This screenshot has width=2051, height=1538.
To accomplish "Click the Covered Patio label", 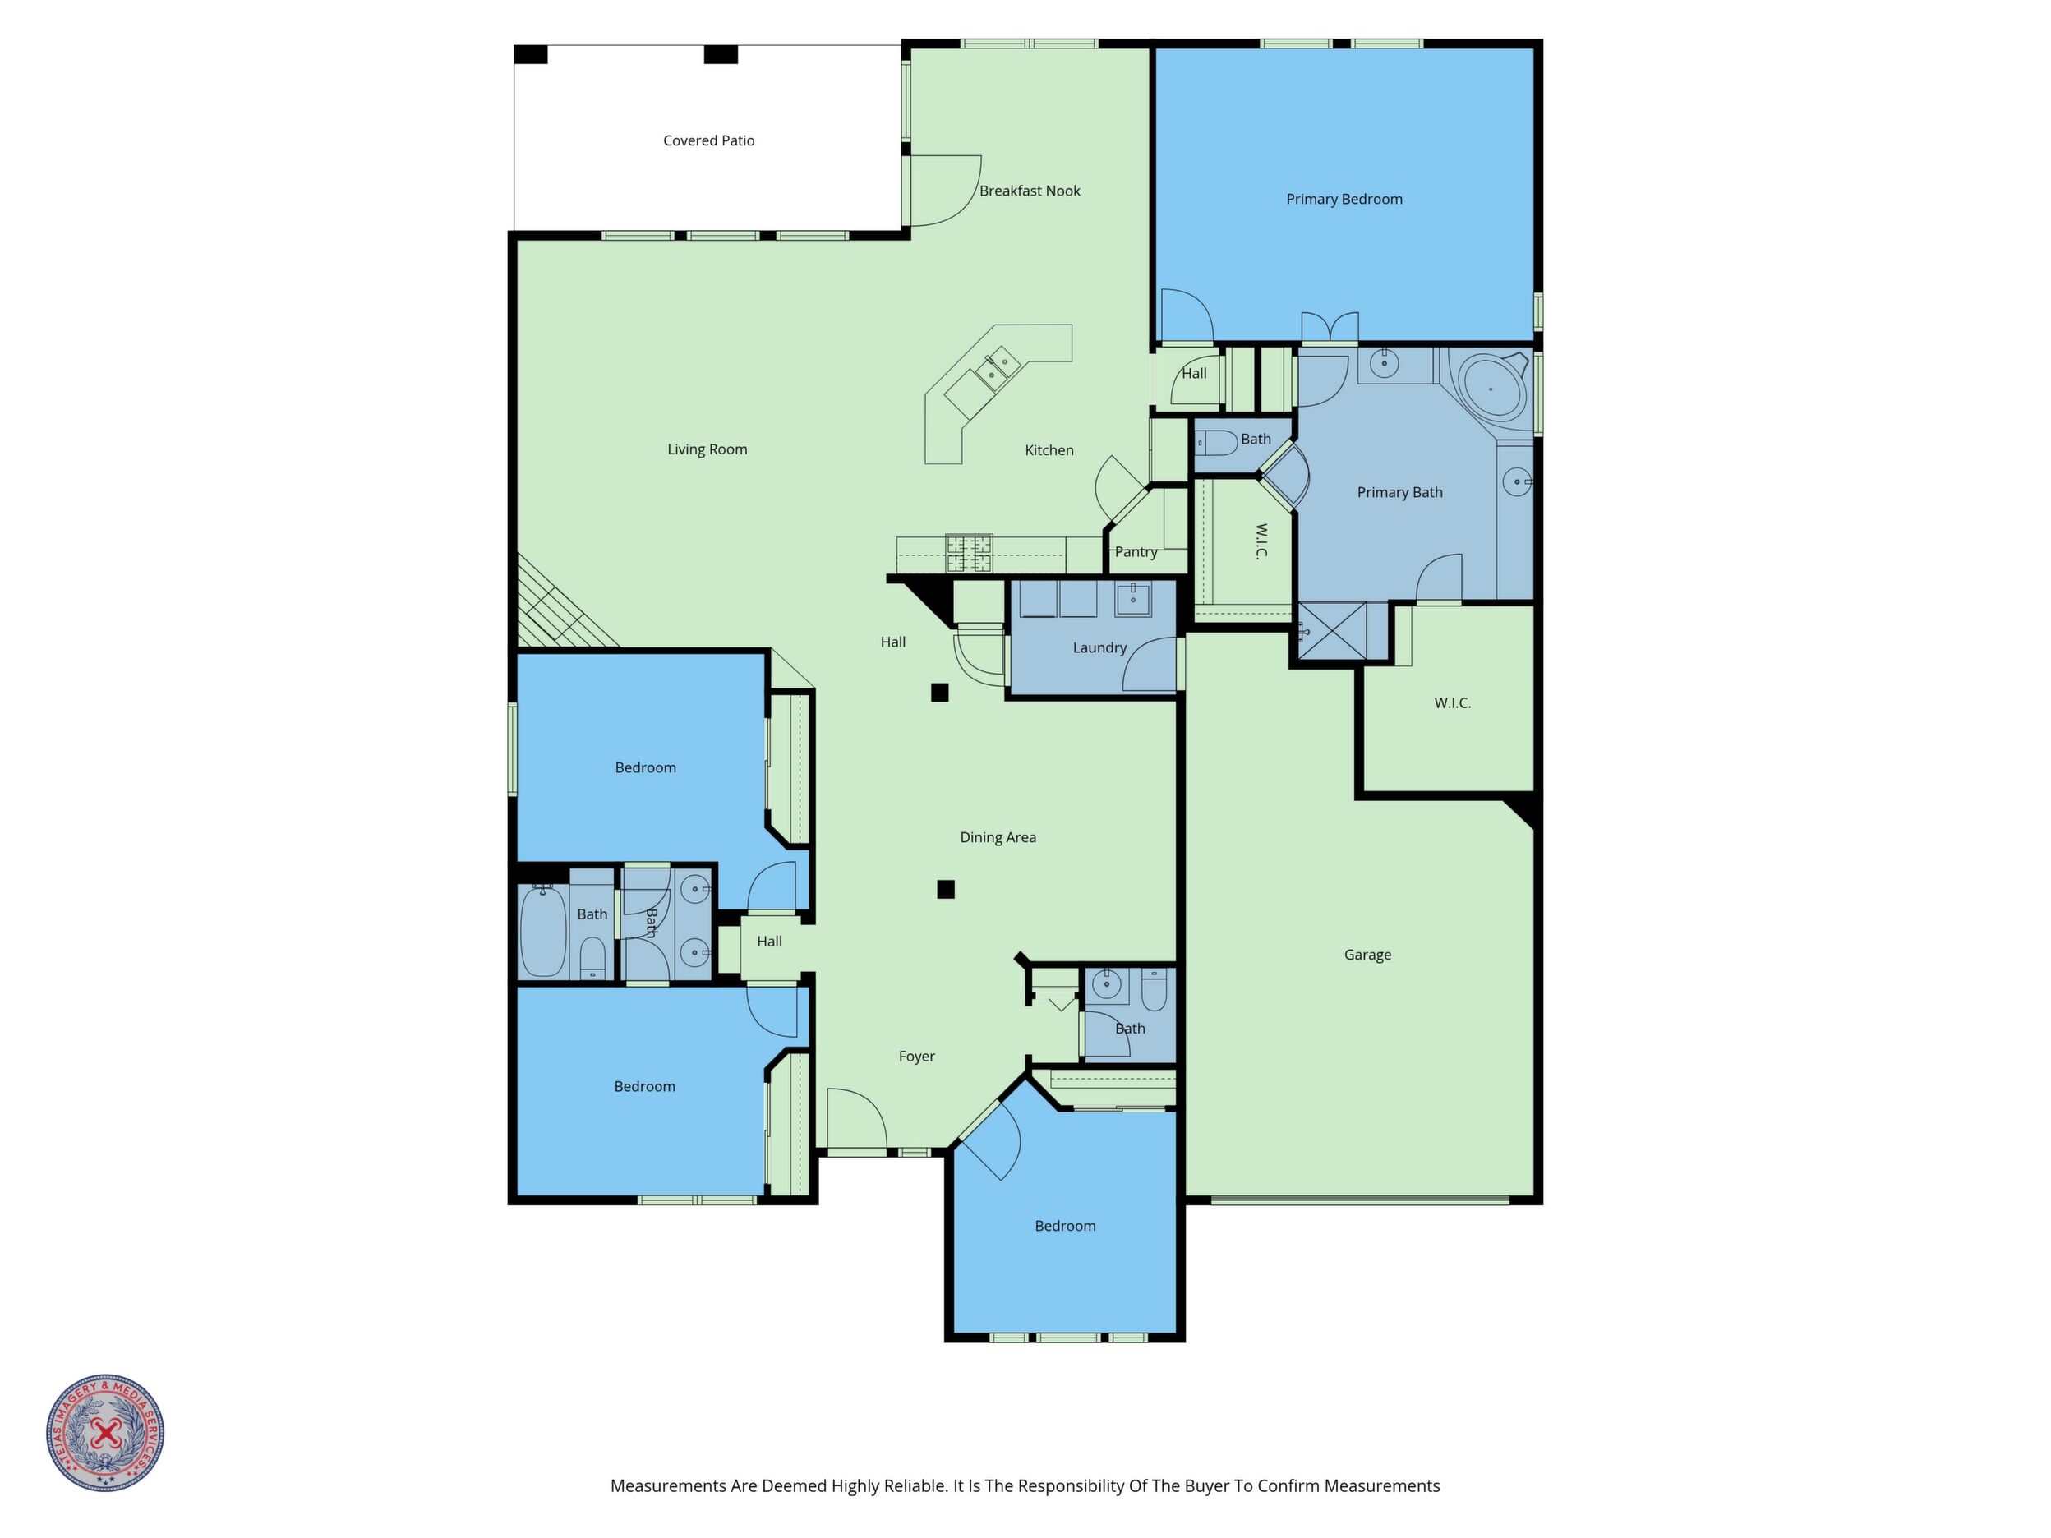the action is pyautogui.click(x=708, y=141).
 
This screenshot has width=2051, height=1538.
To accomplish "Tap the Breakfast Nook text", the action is pyautogui.click(x=1030, y=191).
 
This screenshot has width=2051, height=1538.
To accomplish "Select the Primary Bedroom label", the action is pyautogui.click(x=1344, y=200).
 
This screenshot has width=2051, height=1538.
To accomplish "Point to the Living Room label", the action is pyautogui.click(x=707, y=449).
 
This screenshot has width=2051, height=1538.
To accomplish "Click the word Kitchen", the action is pyautogui.click(x=1049, y=450).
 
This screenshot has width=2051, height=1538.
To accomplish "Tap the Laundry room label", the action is pyautogui.click(x=1099, y=648).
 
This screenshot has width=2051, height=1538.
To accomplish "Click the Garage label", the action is pyautogui.click(x=1367, y=955).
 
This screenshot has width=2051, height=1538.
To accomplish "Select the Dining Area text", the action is pyautogui.click(x=998, y=837).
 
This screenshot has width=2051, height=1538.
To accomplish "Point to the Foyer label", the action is pyautogui.click(x=917, y=1056).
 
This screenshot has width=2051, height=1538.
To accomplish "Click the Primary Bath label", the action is pyautogui.click(x=1399, y=492).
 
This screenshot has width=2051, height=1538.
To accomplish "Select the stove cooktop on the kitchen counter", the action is pyautogui.click(x=969, y=554).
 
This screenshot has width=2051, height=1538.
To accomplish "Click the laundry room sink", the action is pyautogui.click(x=1132, y=600).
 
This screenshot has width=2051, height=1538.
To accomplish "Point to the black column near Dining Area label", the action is pyautogui.click(x=946, y=890).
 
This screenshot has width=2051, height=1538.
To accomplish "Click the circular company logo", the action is pyautogui.click(x=106, y=1433).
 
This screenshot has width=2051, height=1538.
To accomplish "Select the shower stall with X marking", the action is pyautogui.click(x=1331, y=631).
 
